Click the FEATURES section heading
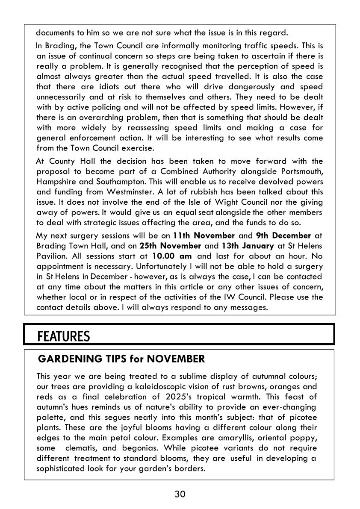pos(64,336)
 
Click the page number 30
pos(180,494)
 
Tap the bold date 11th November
pos(204,235)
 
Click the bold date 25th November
pos(170,245)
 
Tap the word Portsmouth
pos(299,171)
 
